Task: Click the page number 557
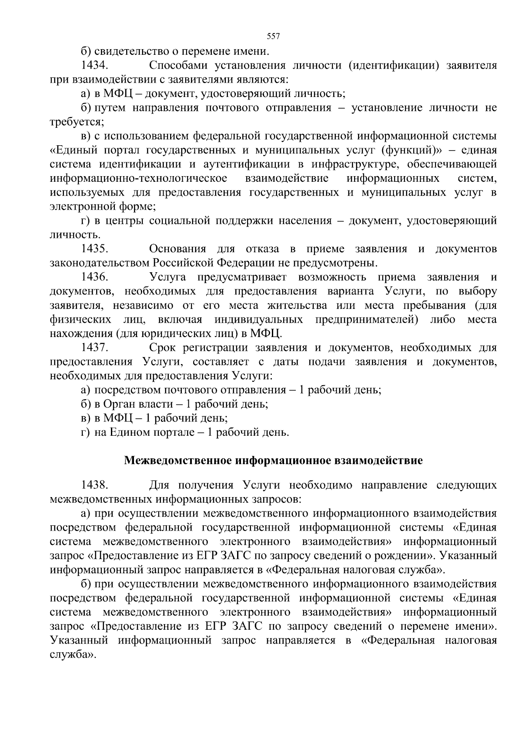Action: [x=273, y=37]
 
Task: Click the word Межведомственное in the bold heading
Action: [x=177, y=461]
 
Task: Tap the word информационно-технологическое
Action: [x=139, y=178]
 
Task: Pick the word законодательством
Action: [x=100, y=263]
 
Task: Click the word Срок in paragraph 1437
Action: [x=162, y=347]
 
